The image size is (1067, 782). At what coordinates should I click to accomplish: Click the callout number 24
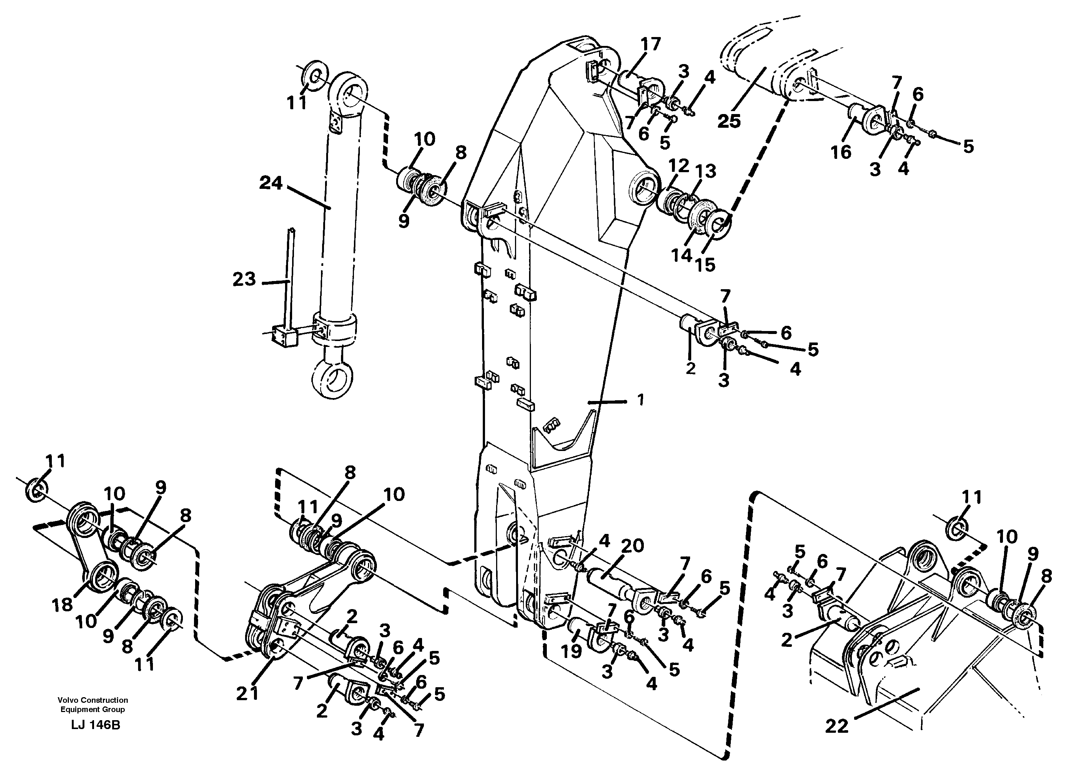coord(270,183)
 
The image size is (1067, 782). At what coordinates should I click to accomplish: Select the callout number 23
coord(244,279)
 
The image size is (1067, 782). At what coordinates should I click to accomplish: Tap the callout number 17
coord(650,44)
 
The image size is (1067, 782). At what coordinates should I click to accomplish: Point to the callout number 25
coord(729,121)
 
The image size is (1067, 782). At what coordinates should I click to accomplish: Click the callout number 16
coord(841,153)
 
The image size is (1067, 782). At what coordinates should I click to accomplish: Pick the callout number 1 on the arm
coord(640,401)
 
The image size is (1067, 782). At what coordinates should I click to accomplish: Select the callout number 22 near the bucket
coord(837,726)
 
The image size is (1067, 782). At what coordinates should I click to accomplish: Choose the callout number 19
coord(571,651)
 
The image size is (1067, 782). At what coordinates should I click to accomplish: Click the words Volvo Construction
coord(93,700)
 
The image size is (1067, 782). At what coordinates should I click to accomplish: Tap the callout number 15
coord(705,265)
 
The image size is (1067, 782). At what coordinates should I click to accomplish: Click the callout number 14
coord(681,255)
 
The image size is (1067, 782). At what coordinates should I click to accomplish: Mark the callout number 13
coord(705,171)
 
